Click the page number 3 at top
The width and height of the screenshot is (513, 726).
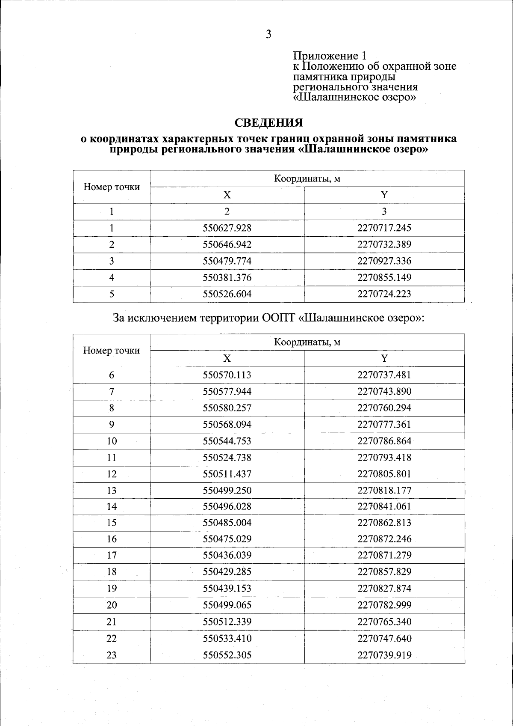tap(268, 35)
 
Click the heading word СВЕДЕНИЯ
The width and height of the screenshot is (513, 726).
tap(269, 123)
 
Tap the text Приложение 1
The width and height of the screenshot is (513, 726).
tap(330, 56)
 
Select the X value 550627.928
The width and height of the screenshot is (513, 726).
tap(227, 228)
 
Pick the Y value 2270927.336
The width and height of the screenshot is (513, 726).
tap(384, 261)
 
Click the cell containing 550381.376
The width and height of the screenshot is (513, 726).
tap(227, 278)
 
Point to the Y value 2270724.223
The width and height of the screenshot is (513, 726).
tap(384, 294)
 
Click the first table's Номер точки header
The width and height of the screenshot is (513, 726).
tap(112, 187)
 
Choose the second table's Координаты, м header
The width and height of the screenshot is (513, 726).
tap(307, 342)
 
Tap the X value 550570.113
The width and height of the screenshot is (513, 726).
tap(227, 375)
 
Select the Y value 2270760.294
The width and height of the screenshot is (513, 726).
tap(384, 408)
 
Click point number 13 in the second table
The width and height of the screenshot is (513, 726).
tap(112, 491)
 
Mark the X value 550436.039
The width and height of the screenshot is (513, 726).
tap(227, 556)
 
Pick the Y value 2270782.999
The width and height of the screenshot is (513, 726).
tap(384, 605)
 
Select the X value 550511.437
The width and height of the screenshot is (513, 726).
tap(227, 474)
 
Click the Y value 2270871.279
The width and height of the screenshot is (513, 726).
tap(384, 556)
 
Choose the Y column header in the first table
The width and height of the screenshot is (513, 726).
tap(384, 195)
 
